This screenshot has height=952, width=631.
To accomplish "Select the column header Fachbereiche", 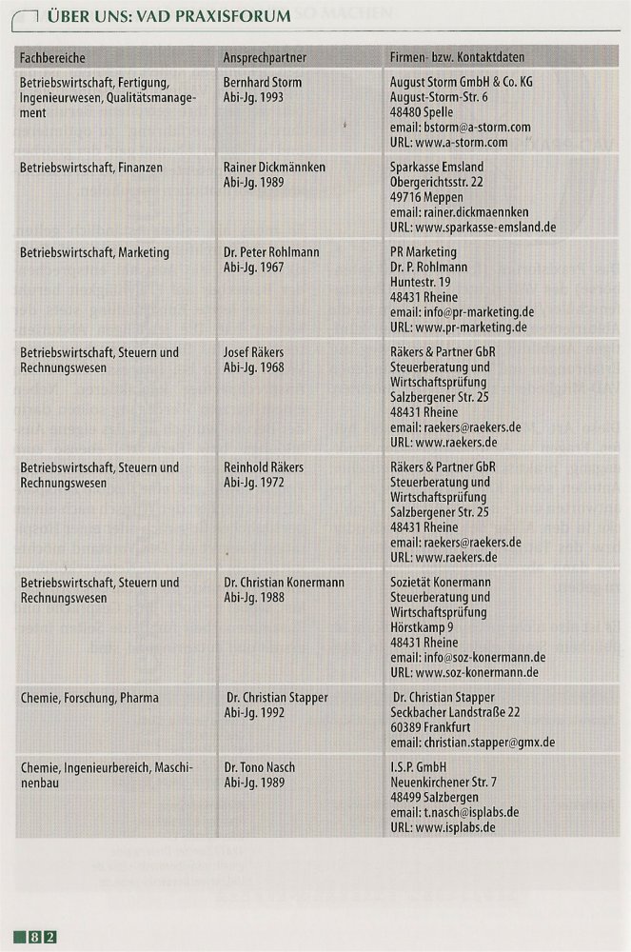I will [x=52, y=58].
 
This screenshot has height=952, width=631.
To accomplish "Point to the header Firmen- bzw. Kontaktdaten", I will [x=457, y=58].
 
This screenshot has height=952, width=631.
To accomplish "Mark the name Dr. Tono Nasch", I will [x=259, y=767].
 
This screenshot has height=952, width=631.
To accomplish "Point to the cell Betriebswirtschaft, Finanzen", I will [x=91, y=167].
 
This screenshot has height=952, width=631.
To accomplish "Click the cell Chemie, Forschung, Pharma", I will [x=89, y=698].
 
